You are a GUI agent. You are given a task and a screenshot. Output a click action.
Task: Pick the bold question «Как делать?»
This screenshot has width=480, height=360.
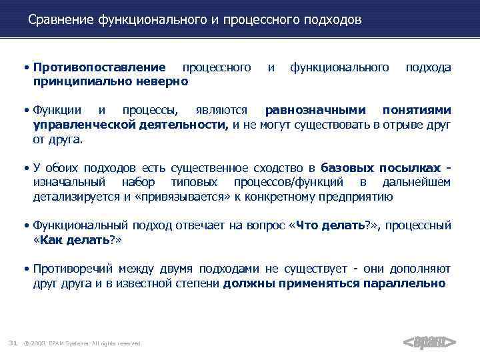coord(77,239)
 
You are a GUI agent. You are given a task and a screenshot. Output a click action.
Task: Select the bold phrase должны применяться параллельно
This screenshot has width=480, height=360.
coord(334,283)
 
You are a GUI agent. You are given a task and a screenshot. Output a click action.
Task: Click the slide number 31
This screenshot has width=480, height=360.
coord(12,343)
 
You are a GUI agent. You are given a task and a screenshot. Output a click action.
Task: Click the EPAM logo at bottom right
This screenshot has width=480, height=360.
coord(429,343)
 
